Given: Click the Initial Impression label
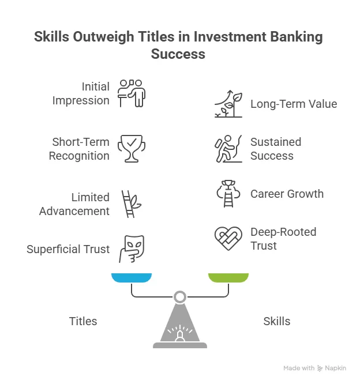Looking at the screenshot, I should pos(81,93).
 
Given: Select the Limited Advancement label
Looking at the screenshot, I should pos(74,204).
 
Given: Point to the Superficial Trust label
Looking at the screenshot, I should pos(68,249).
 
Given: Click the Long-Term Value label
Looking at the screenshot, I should pos(293,104).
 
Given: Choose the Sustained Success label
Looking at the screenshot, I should pos(276,149).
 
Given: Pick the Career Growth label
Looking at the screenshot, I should pos(287,194).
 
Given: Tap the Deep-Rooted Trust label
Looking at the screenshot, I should pos(283,239).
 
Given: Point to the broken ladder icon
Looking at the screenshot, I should pos(130,204).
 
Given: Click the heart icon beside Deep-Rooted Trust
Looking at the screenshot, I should pos(228,238).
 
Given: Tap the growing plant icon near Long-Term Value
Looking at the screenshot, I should pos(228,104).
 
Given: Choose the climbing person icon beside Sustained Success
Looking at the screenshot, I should pos(228,149).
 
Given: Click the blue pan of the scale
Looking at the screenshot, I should pos(132,278).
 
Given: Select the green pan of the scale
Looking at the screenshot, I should pos(228,278).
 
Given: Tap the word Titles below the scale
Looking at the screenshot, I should pos(83,321).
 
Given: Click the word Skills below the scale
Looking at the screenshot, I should pos(277,321).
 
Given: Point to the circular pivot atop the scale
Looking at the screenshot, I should pos(180,297).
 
